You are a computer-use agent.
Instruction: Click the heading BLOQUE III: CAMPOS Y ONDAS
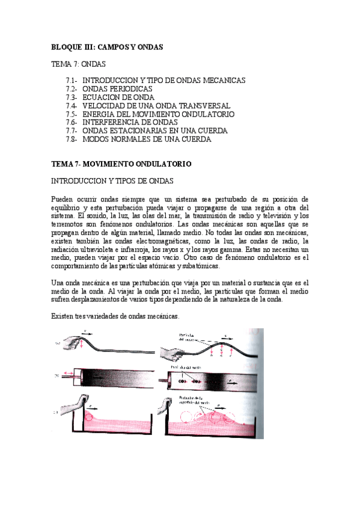(107, 46)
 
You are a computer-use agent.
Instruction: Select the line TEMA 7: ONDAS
(78, 63)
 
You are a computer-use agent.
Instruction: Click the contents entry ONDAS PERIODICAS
(117, 88)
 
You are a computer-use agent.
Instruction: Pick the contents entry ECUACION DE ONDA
(118, 97)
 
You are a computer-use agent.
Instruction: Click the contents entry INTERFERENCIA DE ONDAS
(130, 122)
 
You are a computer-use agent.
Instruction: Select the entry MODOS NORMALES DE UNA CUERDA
(147, 139)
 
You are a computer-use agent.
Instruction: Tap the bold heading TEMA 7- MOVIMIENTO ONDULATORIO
(121, 164)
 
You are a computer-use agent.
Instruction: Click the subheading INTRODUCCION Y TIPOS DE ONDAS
(113, 180)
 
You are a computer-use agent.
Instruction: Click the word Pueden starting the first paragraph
(63, 198)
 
